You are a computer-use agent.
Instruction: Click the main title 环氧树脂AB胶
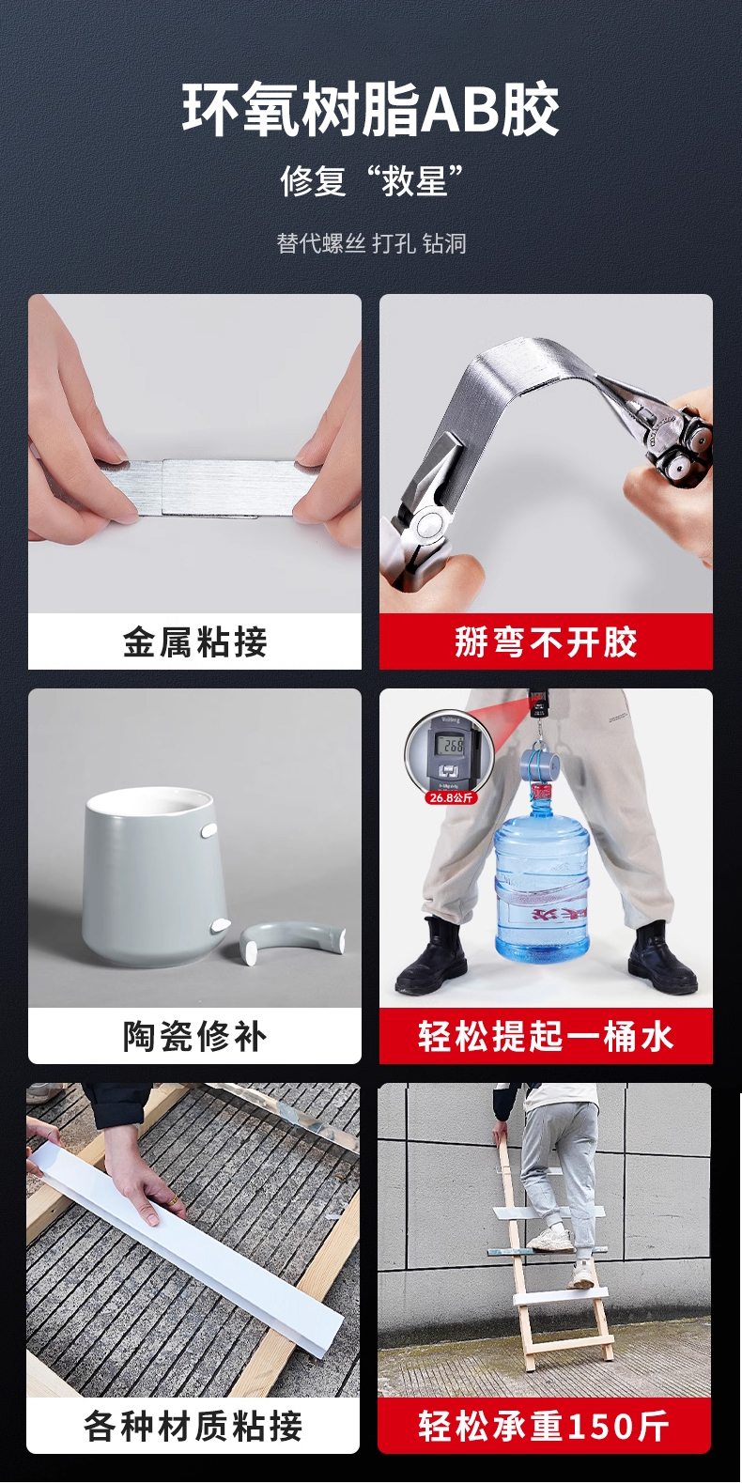(x=371, y=109)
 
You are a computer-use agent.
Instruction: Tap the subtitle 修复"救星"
(x=371, y=180)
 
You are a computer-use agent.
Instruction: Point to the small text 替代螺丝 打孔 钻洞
(x=371, y=243)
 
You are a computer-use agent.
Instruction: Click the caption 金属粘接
(x=194, y=641)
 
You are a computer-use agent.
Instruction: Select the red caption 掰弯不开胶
(x=546, y=641)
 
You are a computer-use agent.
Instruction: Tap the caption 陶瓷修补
(x=194, y=1036)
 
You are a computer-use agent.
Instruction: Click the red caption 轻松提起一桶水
(x=546, y=1036)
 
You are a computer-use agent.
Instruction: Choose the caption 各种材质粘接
(x=193, y=1426)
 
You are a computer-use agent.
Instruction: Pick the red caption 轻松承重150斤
(x=544, y=1426)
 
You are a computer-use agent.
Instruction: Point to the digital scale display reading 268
(x=453, y=746)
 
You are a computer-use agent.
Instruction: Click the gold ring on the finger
(x=171, y=1199)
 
